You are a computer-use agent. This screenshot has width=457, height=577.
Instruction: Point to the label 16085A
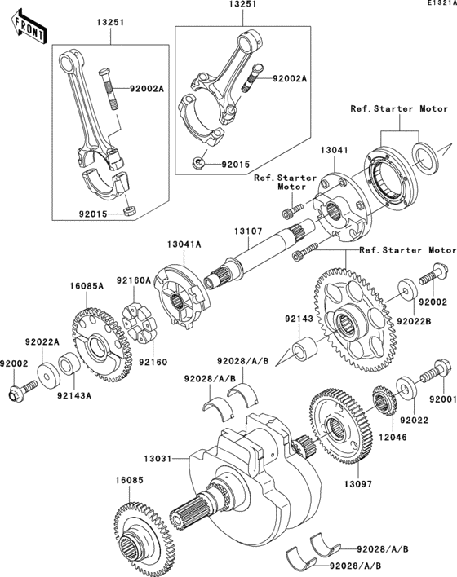point(87,287)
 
